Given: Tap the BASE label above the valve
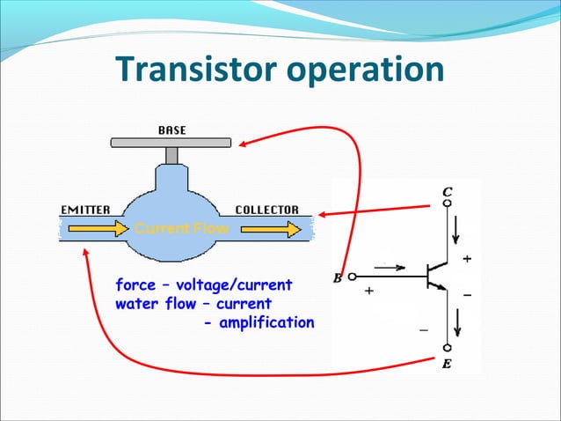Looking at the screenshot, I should click(x=171, y=130).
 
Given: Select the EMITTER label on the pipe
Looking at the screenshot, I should click(x=85, y=210).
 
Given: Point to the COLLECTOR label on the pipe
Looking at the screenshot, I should click(x=267, y=210).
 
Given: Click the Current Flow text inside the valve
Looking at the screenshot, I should click(x=180, y=229).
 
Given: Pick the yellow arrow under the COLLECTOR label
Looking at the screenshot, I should click(x=268, y=229).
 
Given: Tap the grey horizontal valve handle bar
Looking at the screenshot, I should click(x=171, y=142).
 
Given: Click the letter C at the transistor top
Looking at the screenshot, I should click(x=448, y=192).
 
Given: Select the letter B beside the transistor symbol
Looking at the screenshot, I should click(x=338, y=279).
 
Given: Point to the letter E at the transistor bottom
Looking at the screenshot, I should click(x=448, y=362).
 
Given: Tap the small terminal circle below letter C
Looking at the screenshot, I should click(x=448, y=203).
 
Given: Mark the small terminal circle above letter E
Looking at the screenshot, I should click(x=448, y=348).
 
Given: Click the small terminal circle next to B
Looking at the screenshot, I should click(x=352, y=277).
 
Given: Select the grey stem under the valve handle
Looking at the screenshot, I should click(x=171, y=155).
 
